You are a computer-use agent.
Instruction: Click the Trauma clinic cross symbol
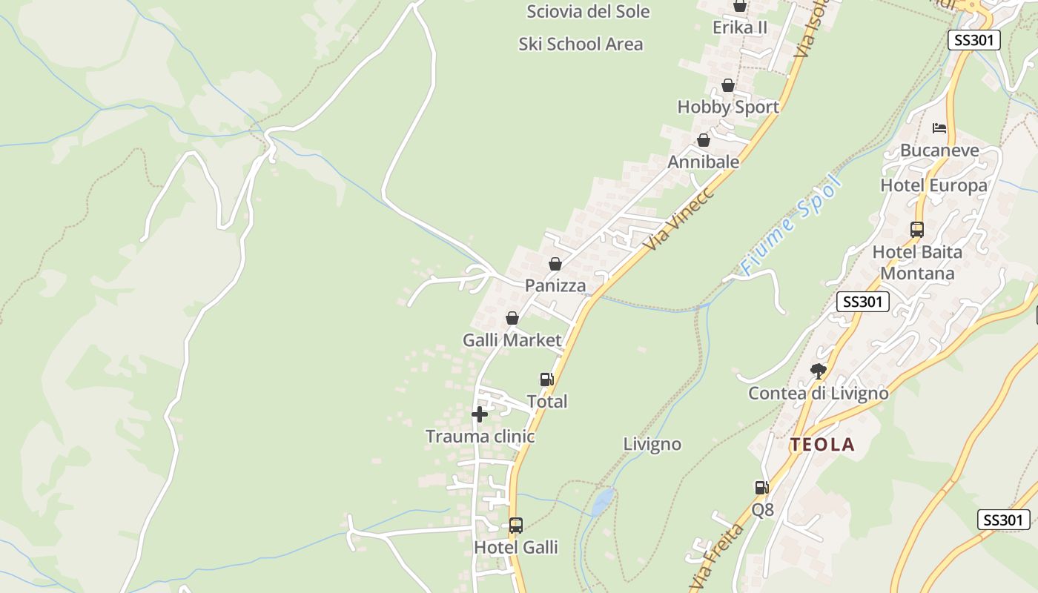[x=480, y=414]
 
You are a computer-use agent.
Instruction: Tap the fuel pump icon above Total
[x=546, y=380]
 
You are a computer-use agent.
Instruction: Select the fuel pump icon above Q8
[x=761, y=488]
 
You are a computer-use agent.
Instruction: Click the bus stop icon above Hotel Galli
[x=515, y=526]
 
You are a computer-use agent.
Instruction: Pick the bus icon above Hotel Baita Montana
[x=917, y=230]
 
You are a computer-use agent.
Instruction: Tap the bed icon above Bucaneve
[x=939, y=128]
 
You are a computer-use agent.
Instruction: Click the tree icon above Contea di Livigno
[x=818, y=371]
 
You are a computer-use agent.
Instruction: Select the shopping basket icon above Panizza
[x=555, y=264]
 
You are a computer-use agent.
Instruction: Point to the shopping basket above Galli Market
[x=512, y=319]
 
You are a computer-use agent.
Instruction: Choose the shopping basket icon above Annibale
[x=703, y=140]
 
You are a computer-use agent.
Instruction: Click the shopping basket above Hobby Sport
[x=728, y=85]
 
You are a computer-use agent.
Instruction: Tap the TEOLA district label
[x=822, y=445]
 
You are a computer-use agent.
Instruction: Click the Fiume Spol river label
[x=791, y=225]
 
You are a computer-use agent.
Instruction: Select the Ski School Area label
[x=581, y=44]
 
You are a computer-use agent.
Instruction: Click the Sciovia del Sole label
[x=588, y=12]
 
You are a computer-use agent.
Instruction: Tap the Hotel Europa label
[x=933, y=185]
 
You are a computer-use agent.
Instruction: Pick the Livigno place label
[x=652, y=444]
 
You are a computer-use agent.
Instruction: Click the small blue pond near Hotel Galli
[x=603, y=502]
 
